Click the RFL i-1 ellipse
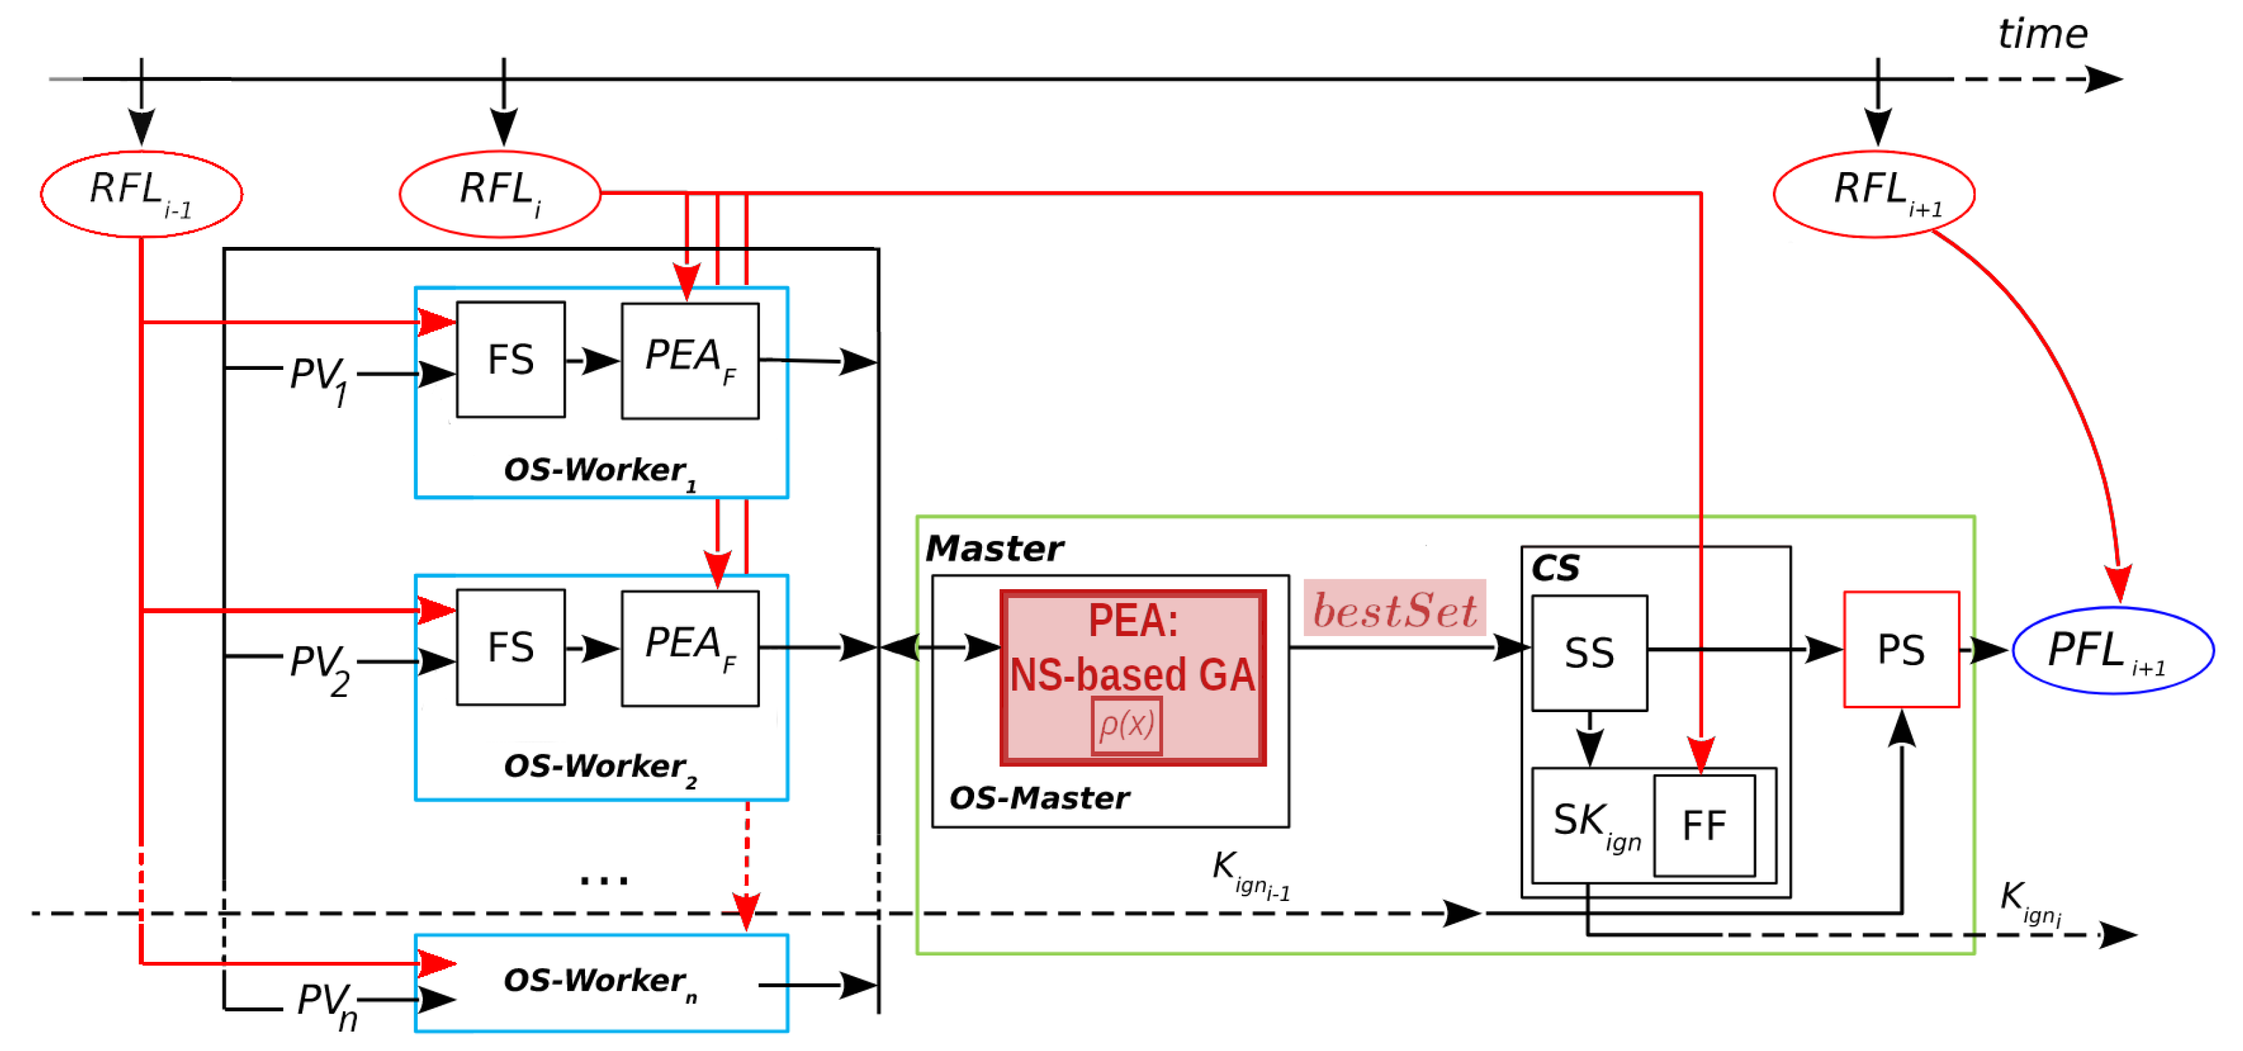point(141,194)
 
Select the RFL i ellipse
point(500,194)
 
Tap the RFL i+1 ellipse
point(1874,194)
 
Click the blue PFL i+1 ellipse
point(2113,651)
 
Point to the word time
point(2042,35)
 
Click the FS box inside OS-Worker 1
point(510,360)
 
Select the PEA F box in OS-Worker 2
point(689,648)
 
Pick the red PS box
point(1901,649)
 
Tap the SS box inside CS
point(1589,653)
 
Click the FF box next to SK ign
point(1704,826)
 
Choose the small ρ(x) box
point(1126,725)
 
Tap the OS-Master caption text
point(1039,798)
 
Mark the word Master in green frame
point(994,548)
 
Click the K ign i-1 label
point(1249,873)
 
